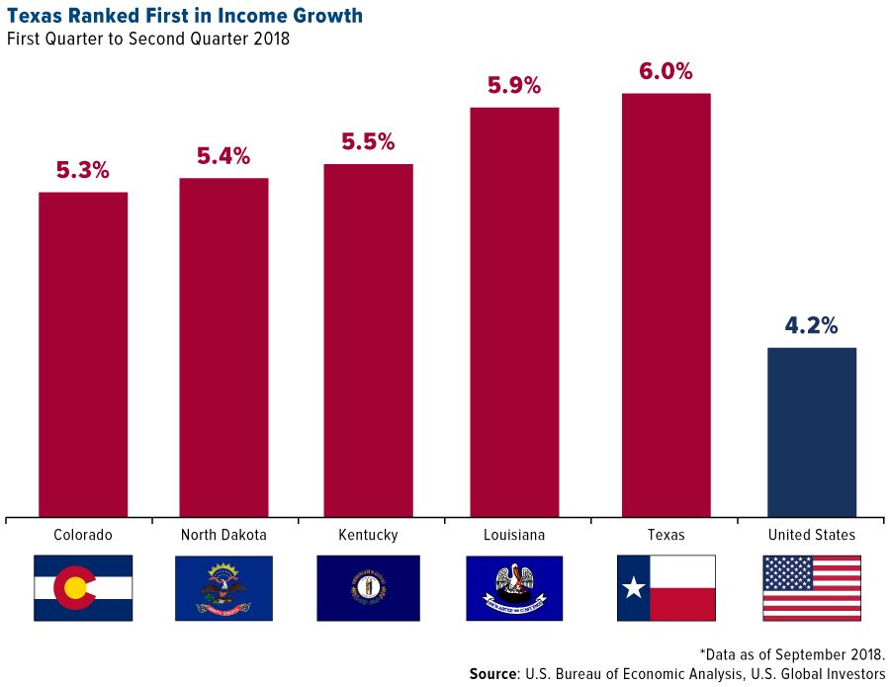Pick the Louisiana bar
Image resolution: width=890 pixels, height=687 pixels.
514,311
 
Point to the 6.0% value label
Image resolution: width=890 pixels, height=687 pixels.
666,72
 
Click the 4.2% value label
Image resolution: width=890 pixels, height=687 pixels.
811,325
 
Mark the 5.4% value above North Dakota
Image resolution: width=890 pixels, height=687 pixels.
223,156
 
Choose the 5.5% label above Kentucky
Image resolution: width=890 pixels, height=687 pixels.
368,141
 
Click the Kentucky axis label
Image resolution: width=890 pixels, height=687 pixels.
368,535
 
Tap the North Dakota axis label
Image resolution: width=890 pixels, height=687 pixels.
223,535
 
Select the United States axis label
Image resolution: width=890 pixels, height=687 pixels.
811,535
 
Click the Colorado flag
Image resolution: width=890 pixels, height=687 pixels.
83,588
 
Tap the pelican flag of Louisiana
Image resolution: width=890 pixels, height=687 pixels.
514,588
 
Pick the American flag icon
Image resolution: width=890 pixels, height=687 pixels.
811,588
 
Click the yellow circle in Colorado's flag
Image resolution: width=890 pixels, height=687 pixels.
75,589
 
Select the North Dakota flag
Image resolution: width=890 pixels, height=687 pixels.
223,588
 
